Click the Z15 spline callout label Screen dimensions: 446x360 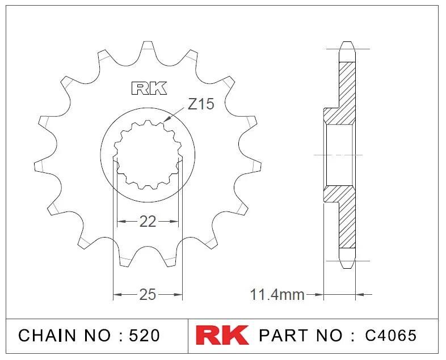coord(201,104)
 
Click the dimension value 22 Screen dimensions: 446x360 coord(148,222)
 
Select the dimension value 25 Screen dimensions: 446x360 coord(148,295)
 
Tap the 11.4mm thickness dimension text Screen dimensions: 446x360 coord(277,295)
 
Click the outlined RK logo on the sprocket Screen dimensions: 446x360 coord(149,88)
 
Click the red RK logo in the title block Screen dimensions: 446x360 coord(222,335)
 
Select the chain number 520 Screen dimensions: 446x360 coord(144,336)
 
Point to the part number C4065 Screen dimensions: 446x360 coord(390,336)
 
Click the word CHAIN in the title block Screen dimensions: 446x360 coord(48,336)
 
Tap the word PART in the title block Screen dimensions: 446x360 coord(283,336)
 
